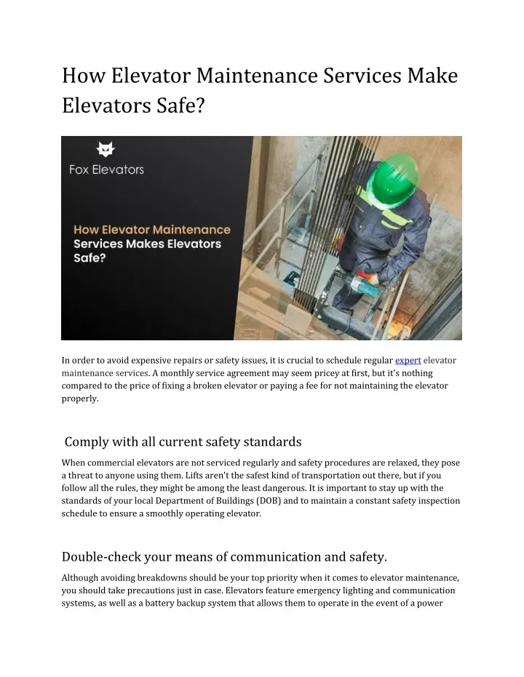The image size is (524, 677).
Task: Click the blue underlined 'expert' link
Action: point(408,360)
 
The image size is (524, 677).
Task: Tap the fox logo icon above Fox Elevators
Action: point(106,150)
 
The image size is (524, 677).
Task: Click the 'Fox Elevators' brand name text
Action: point(106,170)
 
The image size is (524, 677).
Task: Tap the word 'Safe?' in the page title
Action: point(179,107)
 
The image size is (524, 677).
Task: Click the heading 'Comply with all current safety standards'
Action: point(183,441)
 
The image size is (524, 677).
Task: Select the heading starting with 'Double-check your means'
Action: point(224,557)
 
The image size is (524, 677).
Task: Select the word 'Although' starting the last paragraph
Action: point(82,578)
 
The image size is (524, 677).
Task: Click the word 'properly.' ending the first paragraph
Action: point(79,398)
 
